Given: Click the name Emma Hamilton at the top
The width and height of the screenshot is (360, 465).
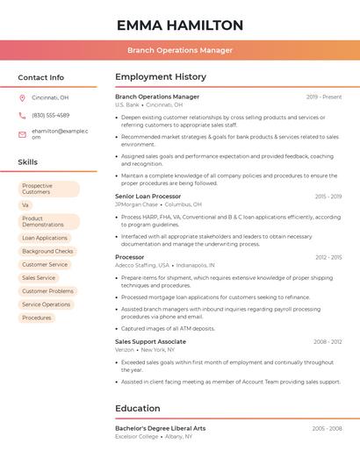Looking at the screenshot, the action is tap(180, 25).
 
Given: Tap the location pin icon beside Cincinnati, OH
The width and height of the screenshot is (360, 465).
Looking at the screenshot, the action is tap(23, 97).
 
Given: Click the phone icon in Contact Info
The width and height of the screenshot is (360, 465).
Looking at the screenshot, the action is tap(23, 115).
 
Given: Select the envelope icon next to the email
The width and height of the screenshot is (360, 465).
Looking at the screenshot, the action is tap(23, 133).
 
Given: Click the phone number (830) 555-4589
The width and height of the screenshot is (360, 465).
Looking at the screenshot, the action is tap(50, 115).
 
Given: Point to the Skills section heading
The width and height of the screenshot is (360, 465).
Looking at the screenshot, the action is tap(28, 162).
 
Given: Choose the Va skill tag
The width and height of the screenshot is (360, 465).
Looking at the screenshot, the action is tap(25, 204).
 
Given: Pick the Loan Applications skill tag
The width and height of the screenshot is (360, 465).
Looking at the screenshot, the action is tap(45, 238).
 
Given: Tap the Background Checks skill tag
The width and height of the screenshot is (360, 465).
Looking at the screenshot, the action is tap(47, 251).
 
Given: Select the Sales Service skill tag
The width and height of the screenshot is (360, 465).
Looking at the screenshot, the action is tap(39, 277).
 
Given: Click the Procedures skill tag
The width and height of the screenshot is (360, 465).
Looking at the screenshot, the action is tap(37, 318).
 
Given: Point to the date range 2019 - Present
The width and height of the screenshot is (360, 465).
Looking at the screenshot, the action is tap(324, 97).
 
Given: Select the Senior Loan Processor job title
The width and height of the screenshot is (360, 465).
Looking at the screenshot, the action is tap(148, 197).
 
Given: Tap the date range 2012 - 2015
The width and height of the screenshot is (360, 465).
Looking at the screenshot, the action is tap(328, 257).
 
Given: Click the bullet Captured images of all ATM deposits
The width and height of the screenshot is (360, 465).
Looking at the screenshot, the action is tap(168, 328).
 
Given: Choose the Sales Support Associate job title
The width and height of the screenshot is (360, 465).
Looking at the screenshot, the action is tap(150, 341).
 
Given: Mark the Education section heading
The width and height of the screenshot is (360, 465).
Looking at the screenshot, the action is tap(138, 408).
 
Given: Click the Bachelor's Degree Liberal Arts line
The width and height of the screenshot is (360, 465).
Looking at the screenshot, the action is tap(160, 428).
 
